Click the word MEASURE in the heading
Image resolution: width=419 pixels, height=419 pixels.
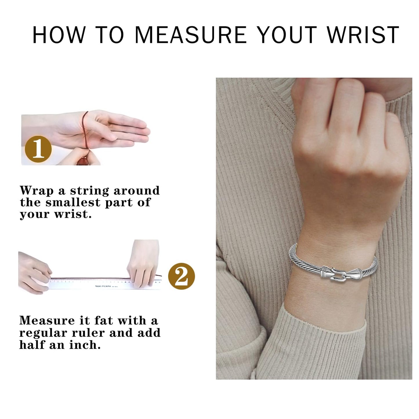[x=191, y=35]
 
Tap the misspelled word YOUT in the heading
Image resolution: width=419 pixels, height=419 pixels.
[x=287, y=35]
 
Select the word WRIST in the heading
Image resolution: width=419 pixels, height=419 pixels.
[x=363, y=35]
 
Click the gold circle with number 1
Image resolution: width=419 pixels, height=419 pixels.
[x=38, y=149]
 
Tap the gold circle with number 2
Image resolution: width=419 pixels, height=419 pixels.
[x=182, y=276]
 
